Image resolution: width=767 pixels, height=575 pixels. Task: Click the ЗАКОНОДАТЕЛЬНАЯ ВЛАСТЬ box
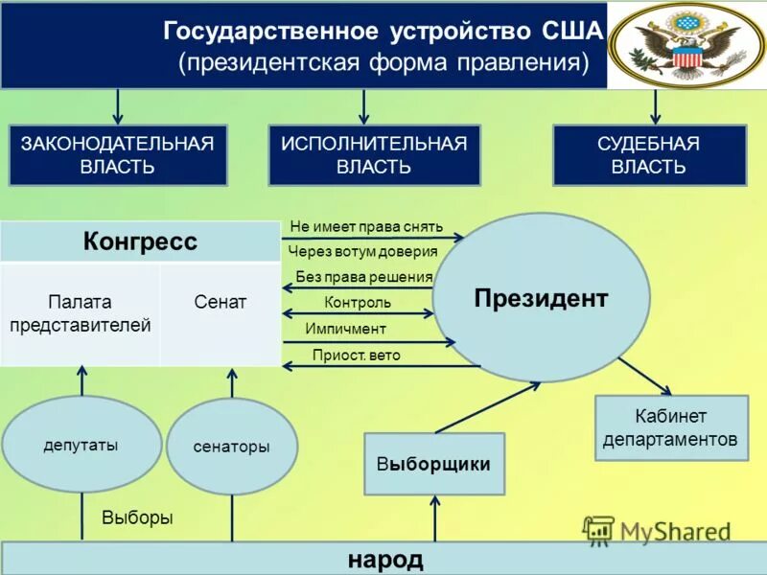118,155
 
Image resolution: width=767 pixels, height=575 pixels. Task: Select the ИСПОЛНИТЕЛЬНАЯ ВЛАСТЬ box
374,155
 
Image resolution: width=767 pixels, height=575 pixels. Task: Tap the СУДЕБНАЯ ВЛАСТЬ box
649,155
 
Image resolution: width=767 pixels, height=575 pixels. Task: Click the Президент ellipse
541,298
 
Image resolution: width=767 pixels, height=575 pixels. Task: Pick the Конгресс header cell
140,241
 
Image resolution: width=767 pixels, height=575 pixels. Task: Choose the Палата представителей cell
81,313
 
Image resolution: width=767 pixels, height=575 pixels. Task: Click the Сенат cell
221,303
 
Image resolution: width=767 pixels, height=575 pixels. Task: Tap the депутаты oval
81,445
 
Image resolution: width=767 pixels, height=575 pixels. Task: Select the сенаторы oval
232,447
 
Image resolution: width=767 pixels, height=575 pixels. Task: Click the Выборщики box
434,464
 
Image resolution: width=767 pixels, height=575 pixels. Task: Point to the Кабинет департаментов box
672,428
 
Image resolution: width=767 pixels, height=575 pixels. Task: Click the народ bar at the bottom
383,559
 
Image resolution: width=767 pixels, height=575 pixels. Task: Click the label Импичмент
345,329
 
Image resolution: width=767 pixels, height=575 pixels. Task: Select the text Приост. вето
356,355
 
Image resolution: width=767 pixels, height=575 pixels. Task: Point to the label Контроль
358,303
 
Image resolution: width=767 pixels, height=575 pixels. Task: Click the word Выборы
137,517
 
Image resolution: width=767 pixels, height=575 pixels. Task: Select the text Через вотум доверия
362,251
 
